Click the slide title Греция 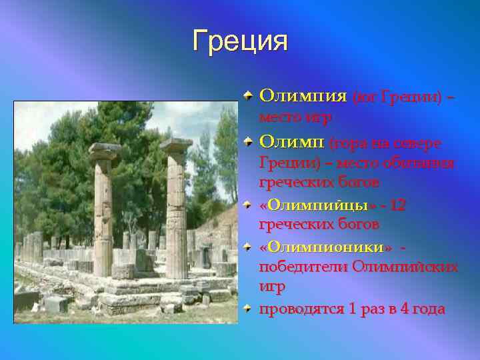240,41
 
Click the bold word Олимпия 303,96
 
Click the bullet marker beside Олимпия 247,96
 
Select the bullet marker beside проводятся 247,309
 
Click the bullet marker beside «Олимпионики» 247,247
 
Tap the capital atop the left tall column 105,151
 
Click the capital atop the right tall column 176,145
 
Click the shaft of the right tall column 177,213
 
